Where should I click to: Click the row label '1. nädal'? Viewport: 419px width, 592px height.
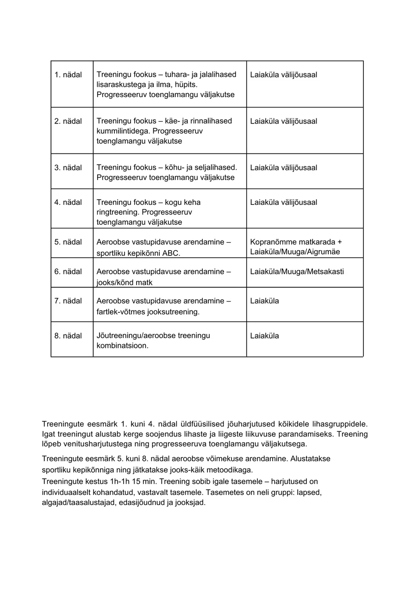coord(68,75)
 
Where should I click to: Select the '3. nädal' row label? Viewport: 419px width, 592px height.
coord(68,168)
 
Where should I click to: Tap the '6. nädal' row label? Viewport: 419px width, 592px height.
coord(68,271)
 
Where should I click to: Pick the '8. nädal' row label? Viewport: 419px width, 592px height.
coord(68,336)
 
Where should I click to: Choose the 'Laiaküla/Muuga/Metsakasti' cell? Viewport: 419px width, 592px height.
coord(297,271)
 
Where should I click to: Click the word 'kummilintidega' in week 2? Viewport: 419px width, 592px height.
coord(120,131)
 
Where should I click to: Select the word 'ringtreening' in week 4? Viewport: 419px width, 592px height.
coord(118,212)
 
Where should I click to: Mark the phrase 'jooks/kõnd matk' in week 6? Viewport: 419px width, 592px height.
coord(125,283)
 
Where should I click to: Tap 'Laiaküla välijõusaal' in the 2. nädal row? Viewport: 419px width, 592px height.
coord(283,121)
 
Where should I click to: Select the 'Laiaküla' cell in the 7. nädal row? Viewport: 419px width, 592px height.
coord(264,301)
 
